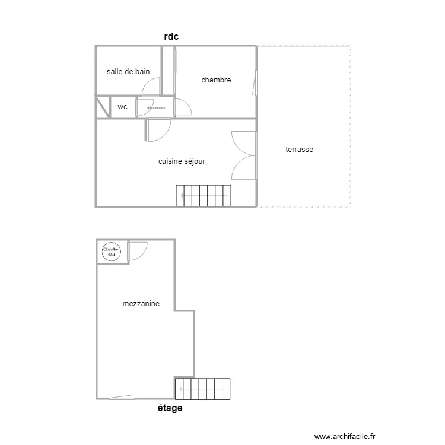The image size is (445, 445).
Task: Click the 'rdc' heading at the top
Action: pyautogui.click(x=171, y=37)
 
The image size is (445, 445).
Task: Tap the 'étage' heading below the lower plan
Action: pyautogui.click(x=170, y=408)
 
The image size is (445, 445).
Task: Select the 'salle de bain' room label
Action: pyautogui.click(x=128, y=72)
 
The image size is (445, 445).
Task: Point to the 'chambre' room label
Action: pyautogui.click(x=216, y=80)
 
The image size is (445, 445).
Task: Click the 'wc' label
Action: pyautogui.click(x=122, y=107)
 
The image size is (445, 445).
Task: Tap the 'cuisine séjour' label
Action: pyautogui.click(x=182, y=161)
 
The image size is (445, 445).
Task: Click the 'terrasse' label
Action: pyautogui.click(x=299, y=150)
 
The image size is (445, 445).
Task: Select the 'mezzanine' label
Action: pyautogui.click(x=141, y=304)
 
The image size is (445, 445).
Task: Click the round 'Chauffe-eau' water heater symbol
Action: pyautogui.click(x=111, y=252)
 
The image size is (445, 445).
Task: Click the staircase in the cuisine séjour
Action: pyautogui.click(x=203, y=196)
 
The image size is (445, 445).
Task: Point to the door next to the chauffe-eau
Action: pyautogui.click(x=137, y=251)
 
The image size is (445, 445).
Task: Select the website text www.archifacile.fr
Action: pyautogui.click(x=345, y=436)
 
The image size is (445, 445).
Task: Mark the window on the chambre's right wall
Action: pyautogui.click(x=256, y=82)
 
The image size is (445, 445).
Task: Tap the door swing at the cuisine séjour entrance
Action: pyautogui.click(x=159, y=129)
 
